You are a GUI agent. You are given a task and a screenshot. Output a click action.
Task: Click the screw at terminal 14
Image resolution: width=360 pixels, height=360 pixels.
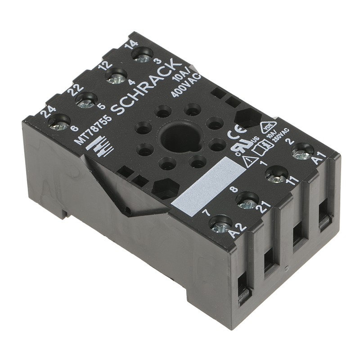pos(143,56)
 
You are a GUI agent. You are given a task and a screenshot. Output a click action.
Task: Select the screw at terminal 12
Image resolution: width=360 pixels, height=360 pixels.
pos(117,77)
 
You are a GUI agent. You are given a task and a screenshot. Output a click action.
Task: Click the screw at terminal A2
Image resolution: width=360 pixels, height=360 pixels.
pos(220,223)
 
